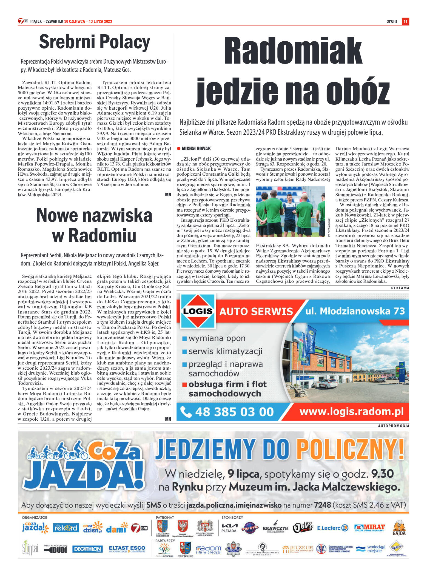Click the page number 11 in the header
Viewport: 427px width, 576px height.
click(405, 21)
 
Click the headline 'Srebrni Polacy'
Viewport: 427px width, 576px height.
click(95, 42)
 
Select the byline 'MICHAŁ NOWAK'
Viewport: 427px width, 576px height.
click(196, 149)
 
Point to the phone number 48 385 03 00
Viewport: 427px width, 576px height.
click(234, 412)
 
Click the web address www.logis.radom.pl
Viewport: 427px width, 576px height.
click(351, 411)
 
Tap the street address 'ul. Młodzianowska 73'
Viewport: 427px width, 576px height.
click(355, 311)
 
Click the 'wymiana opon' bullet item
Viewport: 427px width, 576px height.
click(217, 338)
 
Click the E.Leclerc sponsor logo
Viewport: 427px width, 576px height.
click(332, 528)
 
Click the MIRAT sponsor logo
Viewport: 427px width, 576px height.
click(369, 528)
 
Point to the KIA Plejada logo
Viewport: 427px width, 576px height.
click(229, 528)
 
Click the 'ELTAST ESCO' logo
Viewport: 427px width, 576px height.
click(127, 549)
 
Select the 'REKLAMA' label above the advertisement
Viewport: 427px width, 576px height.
click(400, 288)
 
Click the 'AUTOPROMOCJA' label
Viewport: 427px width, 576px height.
click(393, 426)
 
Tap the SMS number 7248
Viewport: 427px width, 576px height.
click(323, 505)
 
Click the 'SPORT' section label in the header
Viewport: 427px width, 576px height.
click(392, 21)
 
